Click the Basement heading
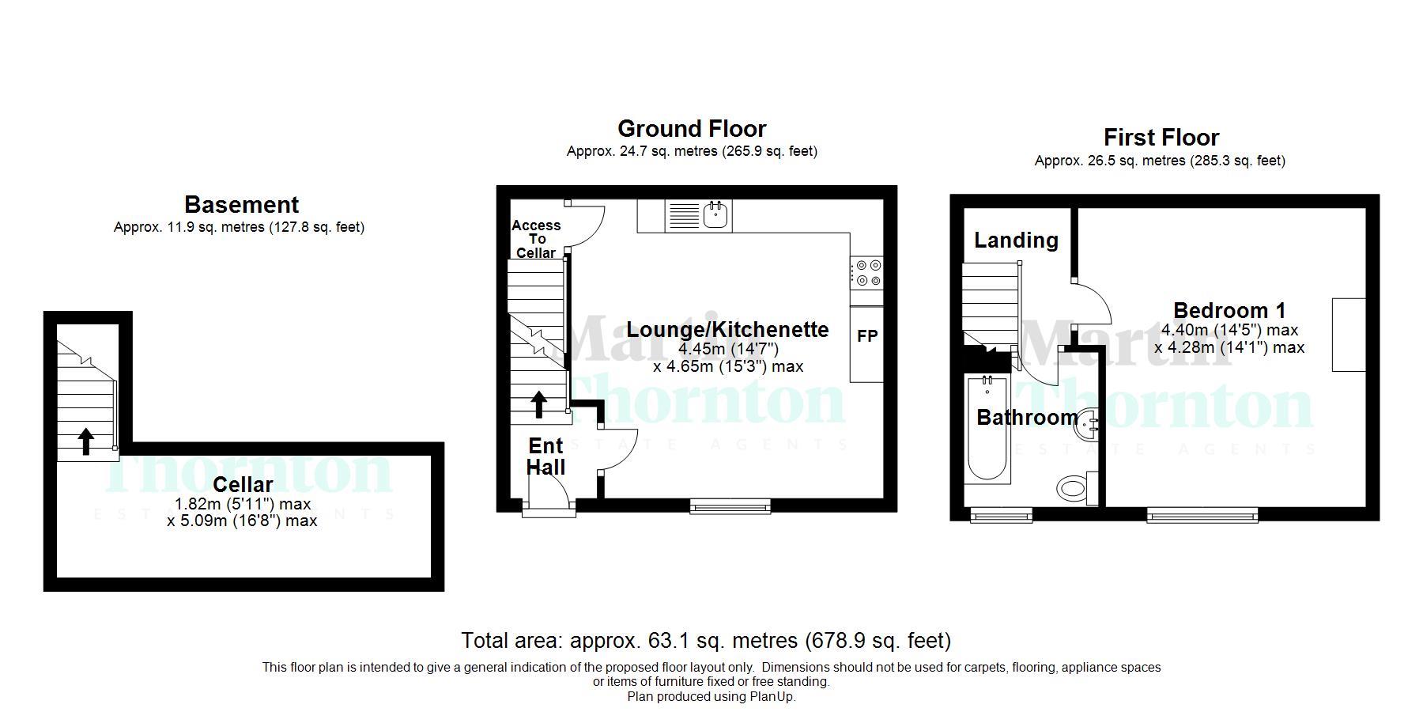pyautogui.click(x=241, y=205)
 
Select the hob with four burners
pyautogui.click(x=867, y=273)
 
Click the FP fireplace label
pyautogui.click(x=867, y=336)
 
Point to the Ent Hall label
pyautogui.click(x=545, y=456)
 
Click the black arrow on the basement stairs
pyautogui.click(x=85, y=441)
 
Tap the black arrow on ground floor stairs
pyautogui.click(x=538, y=404)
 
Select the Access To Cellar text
pyautogui.click(x=536, y=239)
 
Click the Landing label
pyautogui.click(x=1016, y=240)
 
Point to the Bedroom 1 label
pyautogui.click(x=1229, y=310)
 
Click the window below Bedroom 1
pyautogui.click(x=1202, y=516)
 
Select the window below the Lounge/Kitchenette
pyautogui.click(x=730, y=506)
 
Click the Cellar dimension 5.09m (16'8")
pyautogui.click(x=242, y=521)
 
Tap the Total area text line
pyautogui.click(x=705, y=640)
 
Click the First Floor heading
pyautogui.click(x=1161, y=138)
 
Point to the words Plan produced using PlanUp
pyautogui.click(x=711, y=697)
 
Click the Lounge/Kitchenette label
pyautogui.click(x=727, y=330)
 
